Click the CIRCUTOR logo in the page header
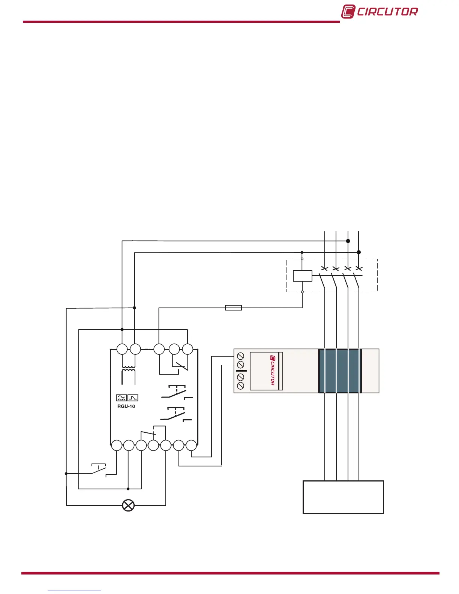[379, 11]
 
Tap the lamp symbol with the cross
[129, 505]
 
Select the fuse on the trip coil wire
[233, 308]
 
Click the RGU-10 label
[126, 406]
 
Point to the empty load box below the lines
[343, 497]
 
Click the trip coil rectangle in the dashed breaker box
[302, 276]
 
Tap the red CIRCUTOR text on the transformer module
[272, 370]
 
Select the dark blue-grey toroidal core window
[340, 371]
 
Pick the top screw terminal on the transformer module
[241, 356]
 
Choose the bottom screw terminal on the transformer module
[241, 385]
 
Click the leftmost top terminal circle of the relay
[122, 349]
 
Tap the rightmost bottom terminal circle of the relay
[191, 445]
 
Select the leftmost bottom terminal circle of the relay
[117, 445]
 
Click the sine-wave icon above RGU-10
[121, 398]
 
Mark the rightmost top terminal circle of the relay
[187, 349]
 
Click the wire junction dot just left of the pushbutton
[66, 474]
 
